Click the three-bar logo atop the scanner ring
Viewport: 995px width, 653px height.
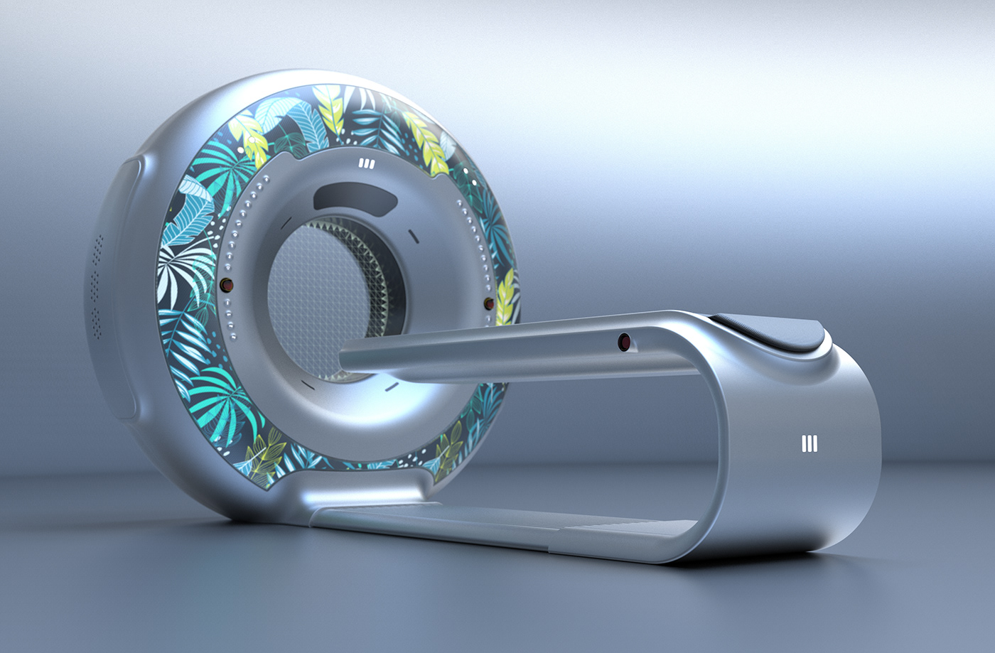[x=367, y=164]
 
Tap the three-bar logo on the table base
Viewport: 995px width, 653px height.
[x=809, y=444]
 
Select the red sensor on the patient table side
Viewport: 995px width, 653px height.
[x=625, y=342]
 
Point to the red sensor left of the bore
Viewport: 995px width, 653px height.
[x=227, y=285]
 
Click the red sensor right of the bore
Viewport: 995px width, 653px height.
[x=489, y=304]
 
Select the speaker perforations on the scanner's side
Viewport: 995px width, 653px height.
[x=97, y=284]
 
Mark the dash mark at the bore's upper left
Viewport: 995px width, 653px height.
[x=285, y=222]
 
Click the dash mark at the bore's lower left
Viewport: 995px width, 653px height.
[x=307, y=384]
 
